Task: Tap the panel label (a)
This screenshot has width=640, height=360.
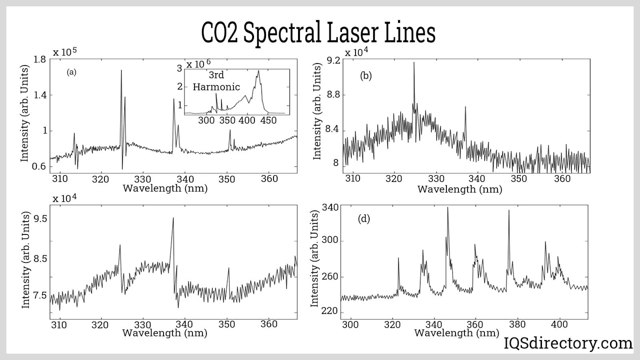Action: [71, 72]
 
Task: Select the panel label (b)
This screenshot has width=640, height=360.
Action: [366, 76]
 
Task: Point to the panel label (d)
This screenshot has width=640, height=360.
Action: [364, 219]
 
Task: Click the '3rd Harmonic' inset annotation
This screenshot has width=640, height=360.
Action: [216, 81]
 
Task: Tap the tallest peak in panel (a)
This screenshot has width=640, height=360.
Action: [121, 71]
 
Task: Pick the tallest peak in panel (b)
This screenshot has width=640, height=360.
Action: [414, 63]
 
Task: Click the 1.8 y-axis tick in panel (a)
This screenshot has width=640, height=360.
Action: [40, 60]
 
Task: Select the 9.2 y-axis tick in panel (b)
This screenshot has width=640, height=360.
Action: [333, 61]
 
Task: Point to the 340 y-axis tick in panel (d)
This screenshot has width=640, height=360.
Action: [330, 207]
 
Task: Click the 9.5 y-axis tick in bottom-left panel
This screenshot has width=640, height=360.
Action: [40, 219]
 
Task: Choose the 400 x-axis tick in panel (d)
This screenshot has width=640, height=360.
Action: [559, 324]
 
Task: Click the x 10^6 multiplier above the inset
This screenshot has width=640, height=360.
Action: [198, 64]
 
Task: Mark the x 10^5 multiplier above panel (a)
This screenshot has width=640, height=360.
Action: [65, 52]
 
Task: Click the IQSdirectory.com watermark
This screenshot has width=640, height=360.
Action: [568, 343]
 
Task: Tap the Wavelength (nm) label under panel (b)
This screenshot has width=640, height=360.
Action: [460, 189]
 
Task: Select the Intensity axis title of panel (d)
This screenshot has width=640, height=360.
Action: [315, 259]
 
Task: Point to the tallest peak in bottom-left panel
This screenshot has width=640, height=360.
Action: [173, 218]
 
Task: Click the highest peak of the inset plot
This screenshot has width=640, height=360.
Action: [258, 71]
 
